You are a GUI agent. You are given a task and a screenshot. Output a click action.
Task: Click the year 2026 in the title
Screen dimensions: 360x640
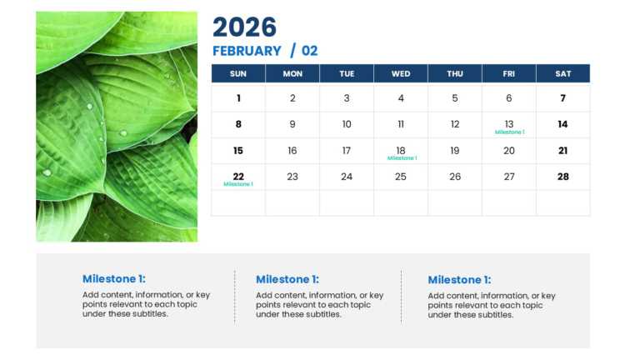point(244,27)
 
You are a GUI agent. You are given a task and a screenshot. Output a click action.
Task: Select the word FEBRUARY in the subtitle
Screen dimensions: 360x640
point(247,51)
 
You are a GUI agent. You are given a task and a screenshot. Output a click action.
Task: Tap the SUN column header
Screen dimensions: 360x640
point(238,73)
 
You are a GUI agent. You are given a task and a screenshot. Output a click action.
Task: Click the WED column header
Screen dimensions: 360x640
point(401,73)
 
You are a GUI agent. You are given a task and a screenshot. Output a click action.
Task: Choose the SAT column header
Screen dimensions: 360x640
point(563,73)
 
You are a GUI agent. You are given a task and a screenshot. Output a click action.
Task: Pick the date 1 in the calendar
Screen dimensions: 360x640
point(238,98)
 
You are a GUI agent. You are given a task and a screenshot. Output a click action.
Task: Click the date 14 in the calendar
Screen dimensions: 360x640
point(563,124)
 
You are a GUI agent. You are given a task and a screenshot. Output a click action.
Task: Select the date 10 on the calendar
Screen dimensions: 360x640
point(347,124)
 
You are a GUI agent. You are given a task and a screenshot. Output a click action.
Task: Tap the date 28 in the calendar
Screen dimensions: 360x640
point(563,177)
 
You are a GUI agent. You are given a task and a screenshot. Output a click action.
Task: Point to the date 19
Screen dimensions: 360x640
point(455,151)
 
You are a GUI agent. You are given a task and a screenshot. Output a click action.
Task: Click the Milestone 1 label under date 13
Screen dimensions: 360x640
point(509,132)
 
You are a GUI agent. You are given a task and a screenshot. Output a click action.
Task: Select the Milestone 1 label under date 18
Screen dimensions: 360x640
point(402,158)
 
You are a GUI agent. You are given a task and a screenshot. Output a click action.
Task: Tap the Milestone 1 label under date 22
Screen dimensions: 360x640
point(238,184)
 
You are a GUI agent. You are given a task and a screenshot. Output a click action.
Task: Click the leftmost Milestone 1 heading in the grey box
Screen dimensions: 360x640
point(114,279)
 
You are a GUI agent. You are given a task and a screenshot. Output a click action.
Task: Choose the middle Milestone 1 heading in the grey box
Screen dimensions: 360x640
point(287,279)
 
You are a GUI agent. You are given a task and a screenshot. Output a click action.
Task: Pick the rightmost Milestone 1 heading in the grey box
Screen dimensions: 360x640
point(459,279)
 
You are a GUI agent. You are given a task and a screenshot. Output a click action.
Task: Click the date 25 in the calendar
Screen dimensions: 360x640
point(401,177)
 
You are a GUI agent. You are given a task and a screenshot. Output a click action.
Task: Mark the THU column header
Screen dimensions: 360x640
point(455,73)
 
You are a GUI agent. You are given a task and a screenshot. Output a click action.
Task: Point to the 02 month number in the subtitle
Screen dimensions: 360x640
point(309,51)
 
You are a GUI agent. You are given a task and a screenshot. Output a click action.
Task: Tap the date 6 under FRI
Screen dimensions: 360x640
point(509,98)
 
